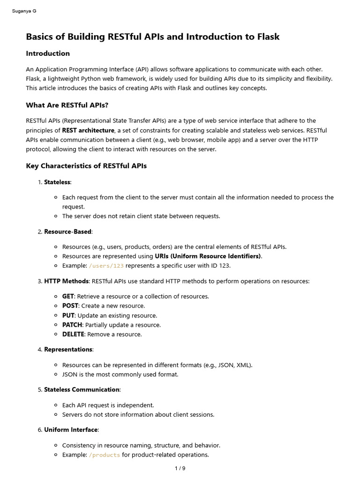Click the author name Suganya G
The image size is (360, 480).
24,11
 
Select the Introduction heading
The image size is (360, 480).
48,53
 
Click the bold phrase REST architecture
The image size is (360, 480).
88,130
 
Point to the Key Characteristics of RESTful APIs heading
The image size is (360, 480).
86,166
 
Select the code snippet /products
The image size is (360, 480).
104,455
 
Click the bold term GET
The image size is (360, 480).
68,296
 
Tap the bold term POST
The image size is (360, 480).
70,306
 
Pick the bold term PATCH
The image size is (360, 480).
72,325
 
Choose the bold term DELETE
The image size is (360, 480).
73,334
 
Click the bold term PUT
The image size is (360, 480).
68,315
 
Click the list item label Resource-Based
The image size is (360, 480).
68,232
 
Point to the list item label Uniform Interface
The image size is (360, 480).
71,430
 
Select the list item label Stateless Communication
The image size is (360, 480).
82,390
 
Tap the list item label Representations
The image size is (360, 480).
68,349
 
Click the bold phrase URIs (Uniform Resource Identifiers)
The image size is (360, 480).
208,256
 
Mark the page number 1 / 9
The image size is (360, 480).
180,468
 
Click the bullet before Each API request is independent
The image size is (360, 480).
56,405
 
